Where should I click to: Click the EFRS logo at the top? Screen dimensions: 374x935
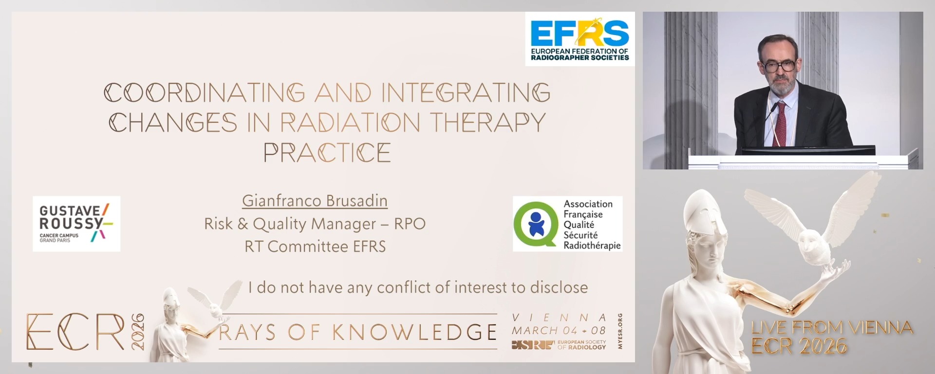coord(580,39)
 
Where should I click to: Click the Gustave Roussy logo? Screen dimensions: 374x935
coord(76,224)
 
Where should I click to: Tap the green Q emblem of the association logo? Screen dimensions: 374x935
coord(536,224)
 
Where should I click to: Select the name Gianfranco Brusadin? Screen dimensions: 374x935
coord(315,201)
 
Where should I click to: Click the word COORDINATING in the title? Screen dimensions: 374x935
coord(205,93)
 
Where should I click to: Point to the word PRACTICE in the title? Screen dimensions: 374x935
coord(327,153)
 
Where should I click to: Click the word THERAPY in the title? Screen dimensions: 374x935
coord(487,123)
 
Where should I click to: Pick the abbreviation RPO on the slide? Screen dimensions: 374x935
coord(410,224)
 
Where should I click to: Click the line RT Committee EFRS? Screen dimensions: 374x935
coord(315,246)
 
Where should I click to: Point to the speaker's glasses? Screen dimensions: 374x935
coord(778,65)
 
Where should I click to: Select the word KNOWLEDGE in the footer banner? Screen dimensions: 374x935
coord(415,332)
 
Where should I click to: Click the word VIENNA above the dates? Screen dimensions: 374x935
coord(559,318)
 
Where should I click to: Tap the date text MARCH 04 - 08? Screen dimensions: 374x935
coord(559,330)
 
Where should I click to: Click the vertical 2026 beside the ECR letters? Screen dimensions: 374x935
coord(137,332)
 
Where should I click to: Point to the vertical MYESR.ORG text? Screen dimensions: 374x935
coord(619,331)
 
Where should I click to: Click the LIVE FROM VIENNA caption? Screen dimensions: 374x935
coord(831,327)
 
